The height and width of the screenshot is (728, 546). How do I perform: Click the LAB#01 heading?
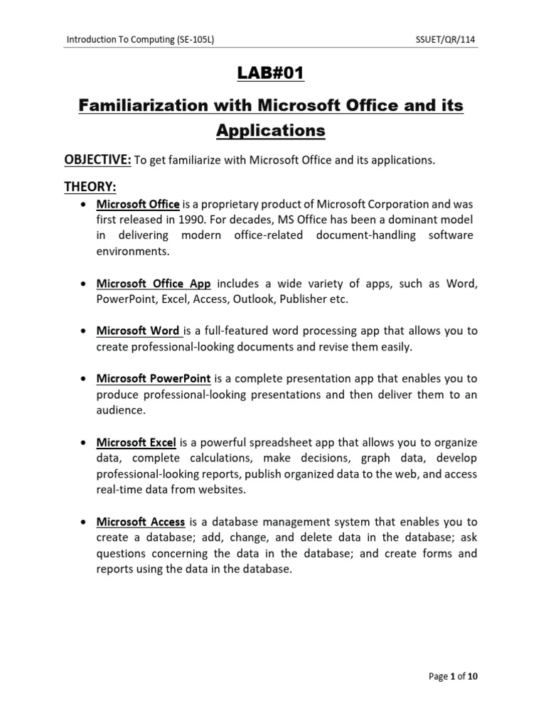tap(273, 75)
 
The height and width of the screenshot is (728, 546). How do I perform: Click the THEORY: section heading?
tap(90, 186)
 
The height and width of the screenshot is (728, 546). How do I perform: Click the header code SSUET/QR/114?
tap(445, 41)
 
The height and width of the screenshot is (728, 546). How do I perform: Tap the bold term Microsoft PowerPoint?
tap(154, 379)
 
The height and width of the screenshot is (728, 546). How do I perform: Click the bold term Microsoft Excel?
tap(136, 442)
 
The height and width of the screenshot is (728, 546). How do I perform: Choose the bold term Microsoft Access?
tap(141, 522)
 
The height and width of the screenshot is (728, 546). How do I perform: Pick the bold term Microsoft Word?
tap(138, 331)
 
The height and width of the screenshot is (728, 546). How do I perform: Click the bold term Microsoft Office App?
tap(154, 284)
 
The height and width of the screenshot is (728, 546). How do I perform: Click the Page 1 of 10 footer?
tap(453, 676)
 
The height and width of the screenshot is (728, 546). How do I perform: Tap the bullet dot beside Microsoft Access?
tap(84, 522)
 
